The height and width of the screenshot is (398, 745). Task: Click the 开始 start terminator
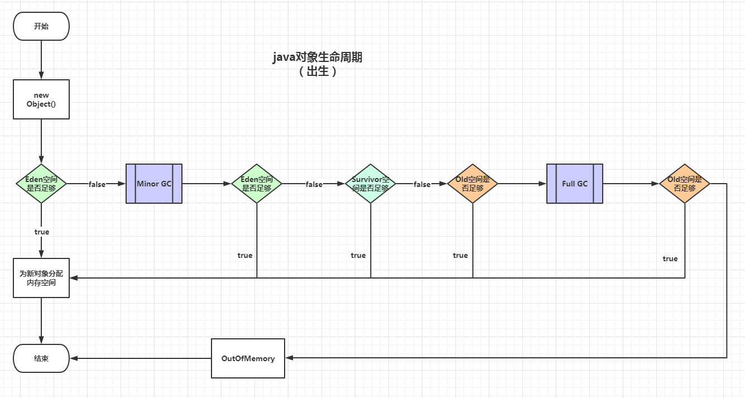click(41, 26)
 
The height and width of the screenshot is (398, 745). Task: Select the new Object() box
click(41, 99)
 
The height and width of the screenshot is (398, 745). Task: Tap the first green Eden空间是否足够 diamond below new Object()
click(41, 184)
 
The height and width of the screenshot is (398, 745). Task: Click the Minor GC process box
click(154, 184)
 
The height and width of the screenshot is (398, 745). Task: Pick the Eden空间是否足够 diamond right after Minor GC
click(257, 184)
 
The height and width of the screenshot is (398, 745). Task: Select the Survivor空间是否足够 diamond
click(371, 184)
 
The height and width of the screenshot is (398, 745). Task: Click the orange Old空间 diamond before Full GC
click(473, 184)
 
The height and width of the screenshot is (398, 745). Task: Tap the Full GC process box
click(575, 184)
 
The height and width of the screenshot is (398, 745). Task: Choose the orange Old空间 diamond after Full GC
click(685, 184)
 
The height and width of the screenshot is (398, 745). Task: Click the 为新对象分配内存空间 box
click(41, 278)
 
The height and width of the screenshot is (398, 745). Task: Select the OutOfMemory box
click(248, 358)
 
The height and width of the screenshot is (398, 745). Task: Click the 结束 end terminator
click(41, 358)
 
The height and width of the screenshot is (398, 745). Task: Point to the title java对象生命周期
click(318, 57)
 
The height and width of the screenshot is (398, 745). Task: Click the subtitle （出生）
click(318, 71)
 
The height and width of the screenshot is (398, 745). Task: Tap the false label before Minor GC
click(97, 184)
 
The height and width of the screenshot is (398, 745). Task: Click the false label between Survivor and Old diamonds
click(422, 184)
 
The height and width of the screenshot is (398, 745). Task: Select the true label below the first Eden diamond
click(42, 232)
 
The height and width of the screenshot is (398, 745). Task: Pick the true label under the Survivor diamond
click(358, 255)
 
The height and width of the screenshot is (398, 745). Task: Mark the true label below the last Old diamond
click(670, 258)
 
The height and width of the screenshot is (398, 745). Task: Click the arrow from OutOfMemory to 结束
click(140, 358)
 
